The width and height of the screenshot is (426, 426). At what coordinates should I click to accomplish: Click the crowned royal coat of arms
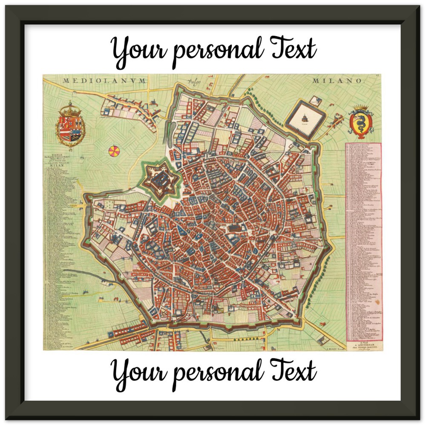click(71, 125)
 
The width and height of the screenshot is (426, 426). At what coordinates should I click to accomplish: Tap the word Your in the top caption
click(139, 50)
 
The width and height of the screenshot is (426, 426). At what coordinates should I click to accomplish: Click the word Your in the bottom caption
click(139, 372)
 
